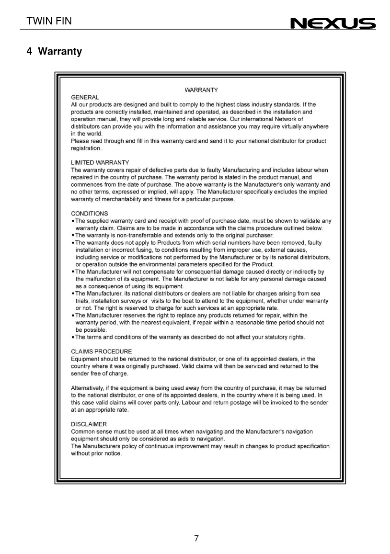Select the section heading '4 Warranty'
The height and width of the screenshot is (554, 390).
pos(55,51)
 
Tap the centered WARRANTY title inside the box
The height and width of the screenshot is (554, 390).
pos(201,90)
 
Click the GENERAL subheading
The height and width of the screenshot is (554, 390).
pos(85,97)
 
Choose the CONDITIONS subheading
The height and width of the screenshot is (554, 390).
pos(90,214)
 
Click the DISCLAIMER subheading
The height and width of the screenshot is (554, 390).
pos(89,424)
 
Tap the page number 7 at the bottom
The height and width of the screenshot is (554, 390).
pos(196,538)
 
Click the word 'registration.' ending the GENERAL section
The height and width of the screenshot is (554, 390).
pos(86,149)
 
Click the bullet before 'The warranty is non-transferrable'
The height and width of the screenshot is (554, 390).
pos(72,235)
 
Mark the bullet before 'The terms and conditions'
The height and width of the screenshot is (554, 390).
pos(72,337)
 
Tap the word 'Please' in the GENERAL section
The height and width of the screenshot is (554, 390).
pos(80,141)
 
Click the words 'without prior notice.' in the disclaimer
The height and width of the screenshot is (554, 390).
pos(96,453)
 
